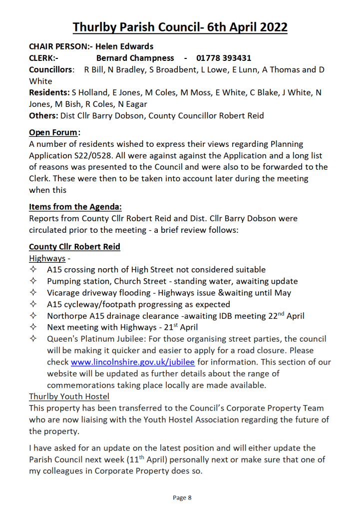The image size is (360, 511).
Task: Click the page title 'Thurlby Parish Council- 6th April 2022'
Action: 180,26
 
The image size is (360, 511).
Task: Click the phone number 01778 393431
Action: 224,58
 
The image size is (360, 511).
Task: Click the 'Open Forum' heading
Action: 53,132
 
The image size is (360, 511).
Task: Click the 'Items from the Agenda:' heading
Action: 75,206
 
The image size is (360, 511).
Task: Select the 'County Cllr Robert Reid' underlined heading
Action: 74,247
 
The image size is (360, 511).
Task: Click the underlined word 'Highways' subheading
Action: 47,258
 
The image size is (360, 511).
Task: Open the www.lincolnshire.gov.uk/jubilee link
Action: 133,362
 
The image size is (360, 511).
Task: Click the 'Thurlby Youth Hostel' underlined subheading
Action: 69,397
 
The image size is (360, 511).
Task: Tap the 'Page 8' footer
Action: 182,498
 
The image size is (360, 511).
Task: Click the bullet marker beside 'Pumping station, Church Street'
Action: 33,281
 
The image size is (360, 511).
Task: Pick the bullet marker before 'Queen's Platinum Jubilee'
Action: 33,339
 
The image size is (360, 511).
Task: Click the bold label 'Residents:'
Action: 49,92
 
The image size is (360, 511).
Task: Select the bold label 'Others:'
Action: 43,116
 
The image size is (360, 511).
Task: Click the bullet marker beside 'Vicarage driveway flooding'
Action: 33,293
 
